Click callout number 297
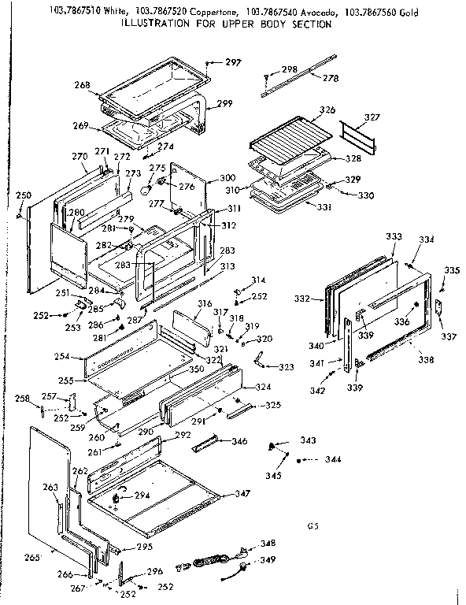click(233, 62)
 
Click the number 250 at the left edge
click(24, 195)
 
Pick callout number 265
click(31, 558)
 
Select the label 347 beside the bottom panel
click(242, 494)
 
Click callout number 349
click(268, 560)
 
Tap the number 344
click(334, 458)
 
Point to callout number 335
click(450, 270)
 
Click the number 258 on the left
click(24, 399)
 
